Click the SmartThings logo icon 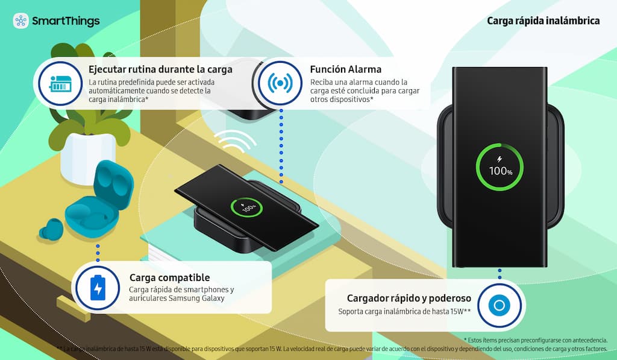coord(21,21)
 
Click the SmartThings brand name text coord(66,21)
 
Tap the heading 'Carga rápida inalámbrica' coord(543,21)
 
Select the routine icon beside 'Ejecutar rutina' coord(60,83)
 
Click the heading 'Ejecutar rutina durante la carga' coord(160,70)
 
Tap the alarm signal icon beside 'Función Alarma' coord(280,83)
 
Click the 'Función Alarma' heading coord(345,70)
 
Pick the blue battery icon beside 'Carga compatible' coord(98,288)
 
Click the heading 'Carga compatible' coord(169,277)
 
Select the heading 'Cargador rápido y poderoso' coord(409,298)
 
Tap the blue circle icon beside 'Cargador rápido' coord(500,305)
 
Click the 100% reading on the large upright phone coord(501,171)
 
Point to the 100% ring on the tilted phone coord(246,207)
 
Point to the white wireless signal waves coord(234,141)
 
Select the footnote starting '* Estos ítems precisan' coord(536,340)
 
